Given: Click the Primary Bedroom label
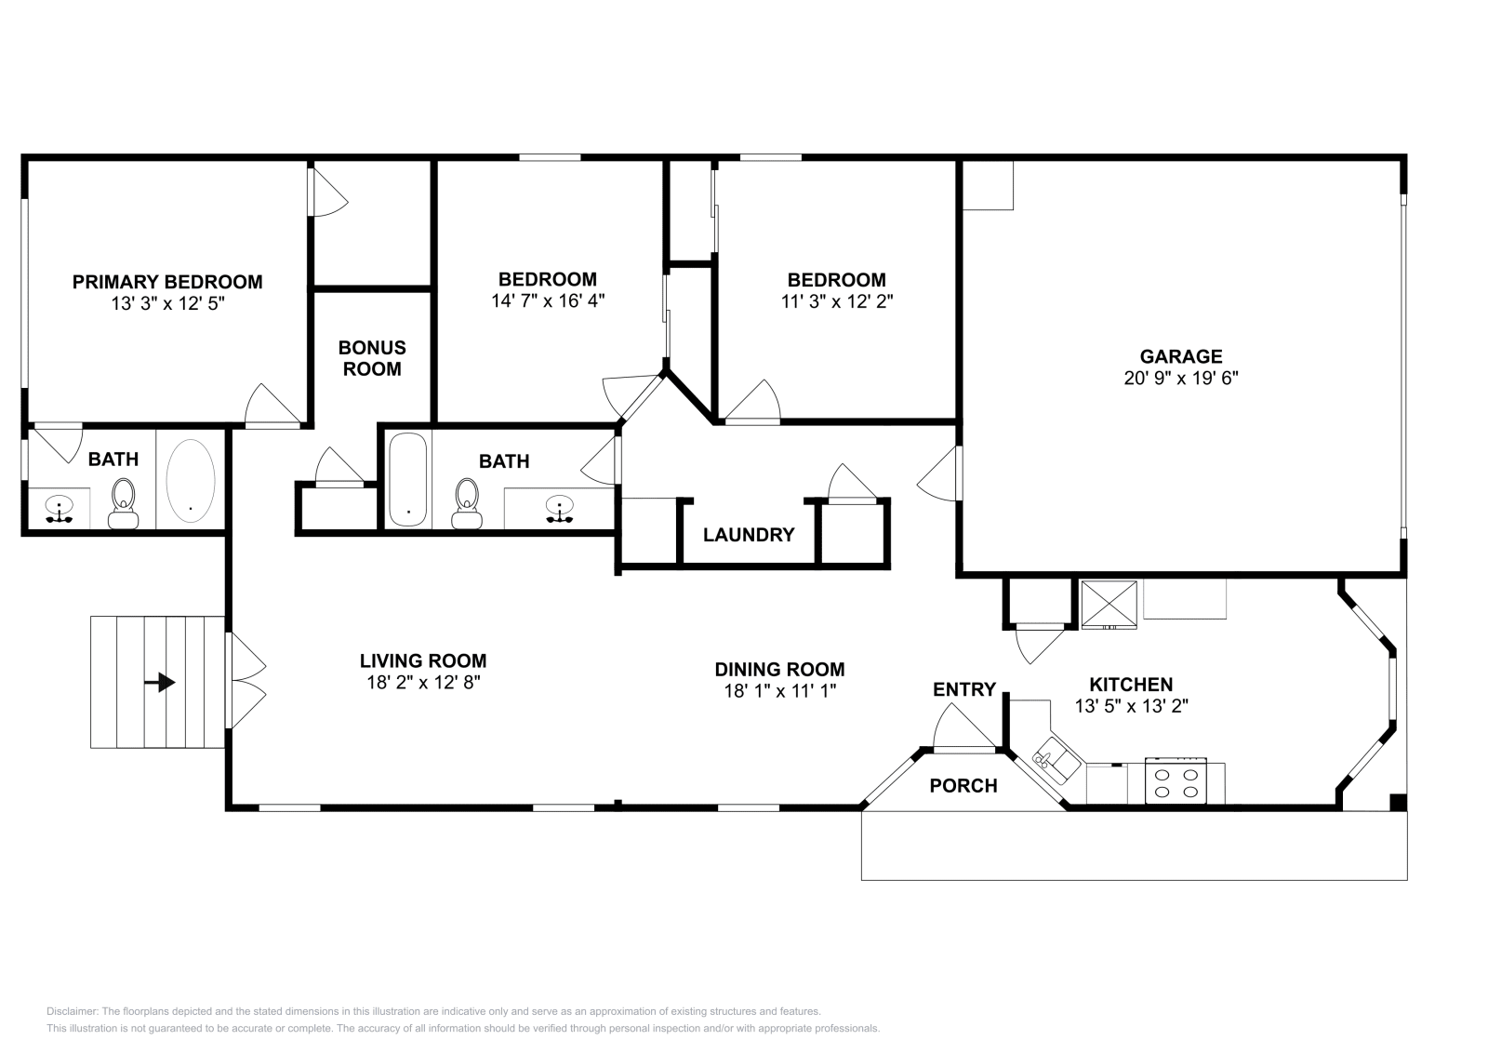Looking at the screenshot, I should (x=167, y=281).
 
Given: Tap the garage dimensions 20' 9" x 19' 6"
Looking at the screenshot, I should (x=1181, y=379).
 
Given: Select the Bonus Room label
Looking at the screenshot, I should (x=371, y=358).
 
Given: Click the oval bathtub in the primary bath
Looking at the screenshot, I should (x=191, y=480).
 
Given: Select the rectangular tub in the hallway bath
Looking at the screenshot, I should (x=407, y=480).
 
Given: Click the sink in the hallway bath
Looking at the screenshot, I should (x=559, y=510).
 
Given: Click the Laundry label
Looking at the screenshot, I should (x=749, y=535).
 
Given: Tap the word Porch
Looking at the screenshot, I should (x=963, y=786).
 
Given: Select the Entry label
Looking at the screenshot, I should (x=964, y=689).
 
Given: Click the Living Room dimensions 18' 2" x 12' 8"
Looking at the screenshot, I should (x=423, y=682).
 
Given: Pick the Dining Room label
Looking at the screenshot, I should (x=779, y=669).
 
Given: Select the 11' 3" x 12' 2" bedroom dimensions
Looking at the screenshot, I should (x=836, y=301).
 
